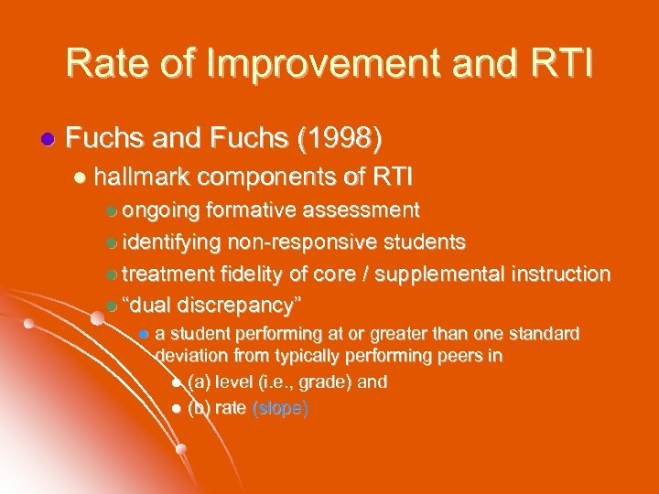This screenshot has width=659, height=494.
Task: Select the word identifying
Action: (171, 242)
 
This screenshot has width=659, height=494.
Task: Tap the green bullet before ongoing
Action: (112, 211)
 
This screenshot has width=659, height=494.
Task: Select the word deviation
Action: (193, 356)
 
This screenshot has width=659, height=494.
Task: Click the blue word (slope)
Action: (280, 408)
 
